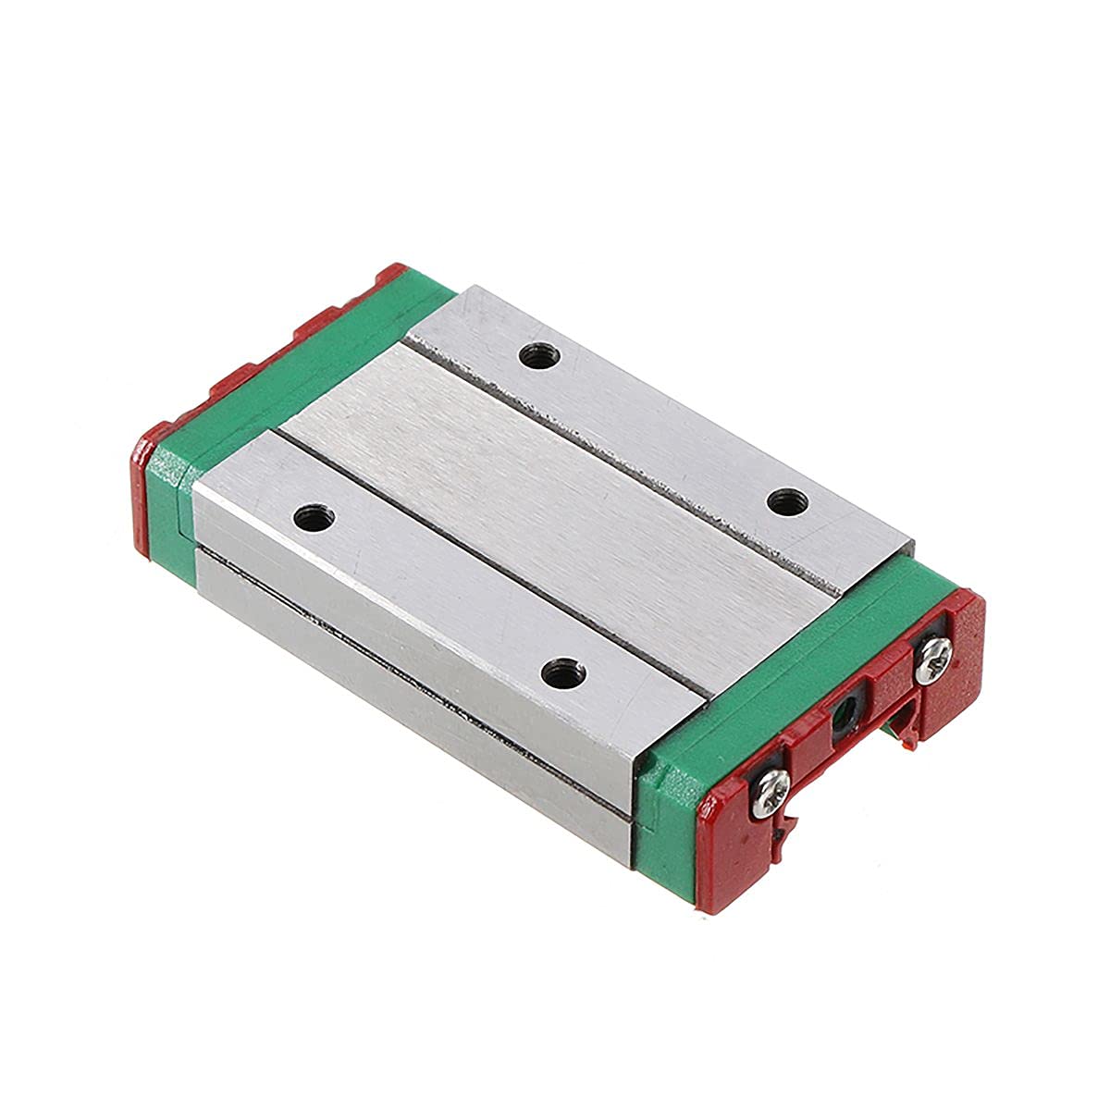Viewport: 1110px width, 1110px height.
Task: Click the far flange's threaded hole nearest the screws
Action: (788, 501)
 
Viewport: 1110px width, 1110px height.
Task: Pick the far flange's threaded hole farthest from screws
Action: (535, 354)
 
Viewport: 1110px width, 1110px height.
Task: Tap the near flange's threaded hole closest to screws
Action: (558, 672)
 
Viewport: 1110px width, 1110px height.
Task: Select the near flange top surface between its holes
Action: (435, 592)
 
